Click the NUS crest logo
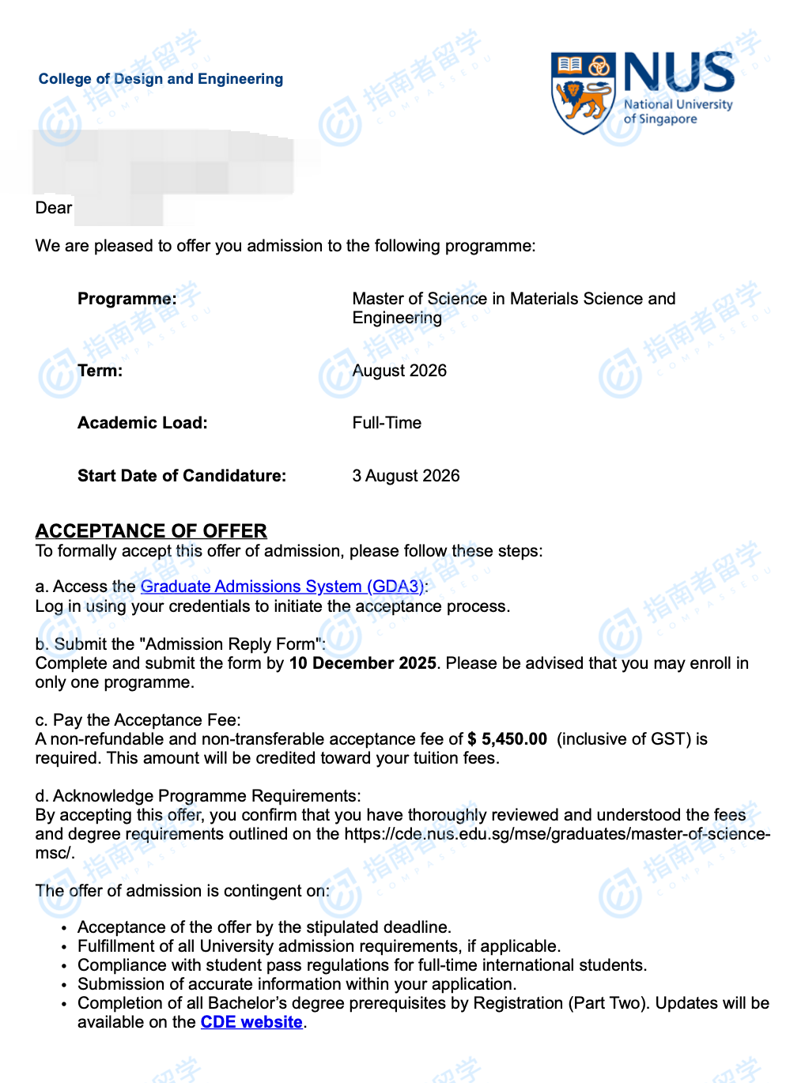coord(583,92)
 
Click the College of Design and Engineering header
coord(161,79)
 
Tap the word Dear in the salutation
coord(54,208)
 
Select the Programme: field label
coord(127,299)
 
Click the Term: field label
coord(100,371)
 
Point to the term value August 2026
coord(399,371)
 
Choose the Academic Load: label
coord(142,423)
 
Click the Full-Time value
coord(387,423)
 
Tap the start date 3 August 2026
coord(406,476)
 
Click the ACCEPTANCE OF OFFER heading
coord(151,530)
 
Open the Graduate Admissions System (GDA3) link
coord(282,587)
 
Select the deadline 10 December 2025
coord(362,663)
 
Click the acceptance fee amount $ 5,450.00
coord(507,739)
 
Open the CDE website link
coord(251,1022)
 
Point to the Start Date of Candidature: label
coord(182,476)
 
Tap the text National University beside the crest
coord(678,104)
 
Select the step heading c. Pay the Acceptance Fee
coord(138,720)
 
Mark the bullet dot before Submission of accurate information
coord(64,985)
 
